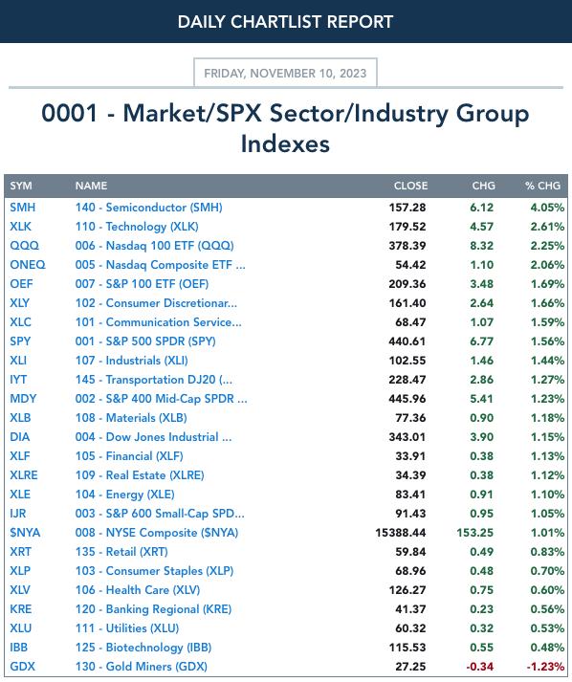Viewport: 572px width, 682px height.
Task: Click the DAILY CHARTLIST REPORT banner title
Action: pos(285,22)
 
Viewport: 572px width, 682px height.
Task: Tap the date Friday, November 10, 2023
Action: pos(285,73)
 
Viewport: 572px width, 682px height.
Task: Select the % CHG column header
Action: pos(542,186)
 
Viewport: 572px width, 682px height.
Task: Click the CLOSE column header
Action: pos(410,186)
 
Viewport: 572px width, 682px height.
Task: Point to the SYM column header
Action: pos(21,186)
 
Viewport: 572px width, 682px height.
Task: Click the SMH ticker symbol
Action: pos(23,208)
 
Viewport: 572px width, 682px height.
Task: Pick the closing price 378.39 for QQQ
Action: pos(407,246)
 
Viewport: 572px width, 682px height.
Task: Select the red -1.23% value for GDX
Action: pos(545,667)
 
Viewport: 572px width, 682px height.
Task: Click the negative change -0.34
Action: pos(480,667)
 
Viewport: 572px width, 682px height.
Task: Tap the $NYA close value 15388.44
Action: pos(401,533)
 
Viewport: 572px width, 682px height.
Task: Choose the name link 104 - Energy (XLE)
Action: pos(125,495)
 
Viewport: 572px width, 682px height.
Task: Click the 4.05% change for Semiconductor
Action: pos(547,208)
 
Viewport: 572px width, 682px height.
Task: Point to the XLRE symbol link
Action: pos(24,475)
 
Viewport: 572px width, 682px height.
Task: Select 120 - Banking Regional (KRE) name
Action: pos(153,609)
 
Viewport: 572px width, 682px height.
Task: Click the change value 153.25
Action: pos(475,533)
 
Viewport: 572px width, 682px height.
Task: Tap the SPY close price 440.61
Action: pos(407,341)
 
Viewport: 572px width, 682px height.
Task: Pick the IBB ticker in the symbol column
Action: pos(19,648)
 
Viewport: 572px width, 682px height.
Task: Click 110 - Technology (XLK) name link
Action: pos(137,227)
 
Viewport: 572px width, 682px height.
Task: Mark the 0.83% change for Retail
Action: pos(547,552)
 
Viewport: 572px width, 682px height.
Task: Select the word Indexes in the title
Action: pos(285,144)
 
